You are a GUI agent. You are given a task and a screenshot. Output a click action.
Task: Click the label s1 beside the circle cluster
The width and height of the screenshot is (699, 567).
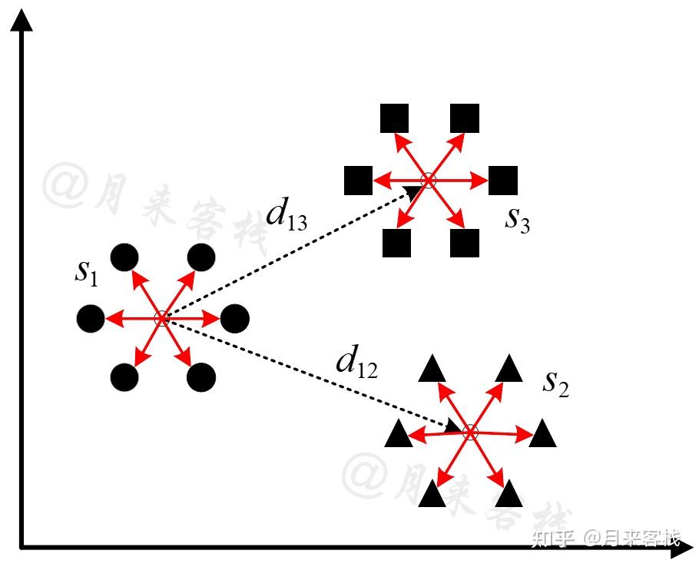click(x=86, y=274)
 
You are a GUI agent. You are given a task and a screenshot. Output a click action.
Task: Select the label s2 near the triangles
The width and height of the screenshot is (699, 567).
click(x=556, y=383)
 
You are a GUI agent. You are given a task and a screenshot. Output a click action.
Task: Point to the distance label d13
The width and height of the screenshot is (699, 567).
click(x=287, y=216)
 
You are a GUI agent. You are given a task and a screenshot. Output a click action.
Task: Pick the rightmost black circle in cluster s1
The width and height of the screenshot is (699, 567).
click(x=235, y=317)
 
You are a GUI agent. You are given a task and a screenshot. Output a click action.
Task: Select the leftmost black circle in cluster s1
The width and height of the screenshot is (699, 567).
click(x=91, y=317)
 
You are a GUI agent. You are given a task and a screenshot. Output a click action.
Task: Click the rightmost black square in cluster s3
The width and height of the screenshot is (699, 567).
click(x=503, y=180)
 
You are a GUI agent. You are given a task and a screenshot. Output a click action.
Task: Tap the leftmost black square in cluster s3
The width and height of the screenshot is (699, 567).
click(x=358, y=180)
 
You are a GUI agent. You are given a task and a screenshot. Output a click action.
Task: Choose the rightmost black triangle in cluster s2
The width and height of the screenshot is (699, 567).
click(x=543, y=435)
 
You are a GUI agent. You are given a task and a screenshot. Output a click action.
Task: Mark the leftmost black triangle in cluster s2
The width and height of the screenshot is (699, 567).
click(x=398, y=435)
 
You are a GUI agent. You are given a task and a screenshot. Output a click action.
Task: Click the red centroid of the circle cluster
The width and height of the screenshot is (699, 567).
click(x=162, y=317)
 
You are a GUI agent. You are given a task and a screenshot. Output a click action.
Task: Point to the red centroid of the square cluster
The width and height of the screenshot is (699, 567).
click(x=429, y=181)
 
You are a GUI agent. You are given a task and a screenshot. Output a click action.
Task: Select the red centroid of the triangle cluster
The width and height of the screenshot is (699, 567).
click(x=471, y=433)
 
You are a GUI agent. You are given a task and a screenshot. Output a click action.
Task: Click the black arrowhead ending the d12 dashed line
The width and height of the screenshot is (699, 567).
click(x=453, y=425)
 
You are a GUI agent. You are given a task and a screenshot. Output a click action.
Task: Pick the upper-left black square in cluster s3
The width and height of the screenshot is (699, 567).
click(x=395, y=118)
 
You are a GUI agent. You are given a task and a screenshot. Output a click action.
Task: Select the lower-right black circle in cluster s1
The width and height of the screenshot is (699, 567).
click(x=201, y=376)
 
